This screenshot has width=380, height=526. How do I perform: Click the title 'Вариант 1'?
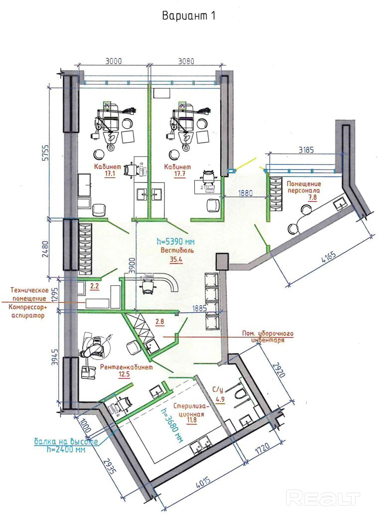188,16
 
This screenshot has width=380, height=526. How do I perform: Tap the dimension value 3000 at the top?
114,61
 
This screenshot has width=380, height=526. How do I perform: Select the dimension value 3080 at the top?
186,61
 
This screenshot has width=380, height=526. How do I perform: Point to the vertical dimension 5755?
46,153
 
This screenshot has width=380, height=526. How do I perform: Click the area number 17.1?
110,174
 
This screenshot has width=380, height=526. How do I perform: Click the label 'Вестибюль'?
177,250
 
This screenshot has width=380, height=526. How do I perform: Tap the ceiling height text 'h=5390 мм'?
176,241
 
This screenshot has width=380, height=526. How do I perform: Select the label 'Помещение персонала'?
304,187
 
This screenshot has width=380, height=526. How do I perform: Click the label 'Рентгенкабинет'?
127,367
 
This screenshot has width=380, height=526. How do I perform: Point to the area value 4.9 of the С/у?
220,399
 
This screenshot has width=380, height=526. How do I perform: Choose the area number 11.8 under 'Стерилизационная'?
192,420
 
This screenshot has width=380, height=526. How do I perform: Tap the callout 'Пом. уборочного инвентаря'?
268,337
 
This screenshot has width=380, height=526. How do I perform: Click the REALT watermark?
323,498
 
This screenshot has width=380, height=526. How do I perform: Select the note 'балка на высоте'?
66,441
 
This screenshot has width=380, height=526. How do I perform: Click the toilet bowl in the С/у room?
240,393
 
